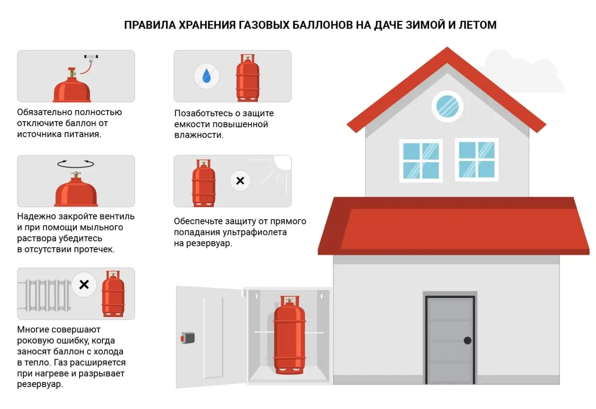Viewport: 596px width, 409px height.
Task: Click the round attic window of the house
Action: [447, 106]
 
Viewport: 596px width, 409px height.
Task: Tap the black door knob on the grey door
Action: [467, 340]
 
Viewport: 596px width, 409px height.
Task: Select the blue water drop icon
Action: [207, 76]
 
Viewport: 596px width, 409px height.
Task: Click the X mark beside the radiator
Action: [84, 284]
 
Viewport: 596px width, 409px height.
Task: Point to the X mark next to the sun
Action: [240, 181]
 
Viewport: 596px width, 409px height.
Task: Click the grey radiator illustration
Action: [45, 295]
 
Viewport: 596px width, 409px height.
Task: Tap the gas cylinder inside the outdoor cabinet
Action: [290, 335]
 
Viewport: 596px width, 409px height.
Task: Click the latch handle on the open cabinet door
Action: [188, 338]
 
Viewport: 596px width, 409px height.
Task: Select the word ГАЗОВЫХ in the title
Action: [264, 25]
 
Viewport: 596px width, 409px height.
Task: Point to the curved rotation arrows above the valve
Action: [75, 164]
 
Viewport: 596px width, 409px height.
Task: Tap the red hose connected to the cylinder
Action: [86, 68]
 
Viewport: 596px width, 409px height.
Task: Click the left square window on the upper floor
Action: [421, 161]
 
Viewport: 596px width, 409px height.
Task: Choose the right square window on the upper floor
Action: [476, 159]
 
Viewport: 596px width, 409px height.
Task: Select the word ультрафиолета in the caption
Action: [255, 232]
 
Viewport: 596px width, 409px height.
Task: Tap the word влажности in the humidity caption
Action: [199, 135]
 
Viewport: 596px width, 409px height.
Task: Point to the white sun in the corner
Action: [283, 163]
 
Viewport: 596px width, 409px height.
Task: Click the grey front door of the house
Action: [450, 340]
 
